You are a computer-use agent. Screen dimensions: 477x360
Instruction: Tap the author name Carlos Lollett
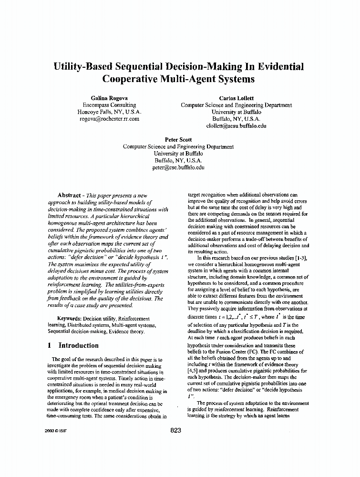coord(236,98)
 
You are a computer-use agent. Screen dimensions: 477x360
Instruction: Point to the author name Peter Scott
coord(178,140)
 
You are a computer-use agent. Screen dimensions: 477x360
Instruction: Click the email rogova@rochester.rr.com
coord(109,119)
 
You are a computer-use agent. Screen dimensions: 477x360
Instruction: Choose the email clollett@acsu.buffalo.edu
coord(236,126)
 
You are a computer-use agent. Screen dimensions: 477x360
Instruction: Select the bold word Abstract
coord(69,195)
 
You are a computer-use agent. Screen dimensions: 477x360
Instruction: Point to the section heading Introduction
coord(78,345)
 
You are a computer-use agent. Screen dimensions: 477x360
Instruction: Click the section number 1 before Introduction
coord(50,345)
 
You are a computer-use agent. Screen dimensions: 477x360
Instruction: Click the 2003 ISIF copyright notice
coord(54,430)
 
